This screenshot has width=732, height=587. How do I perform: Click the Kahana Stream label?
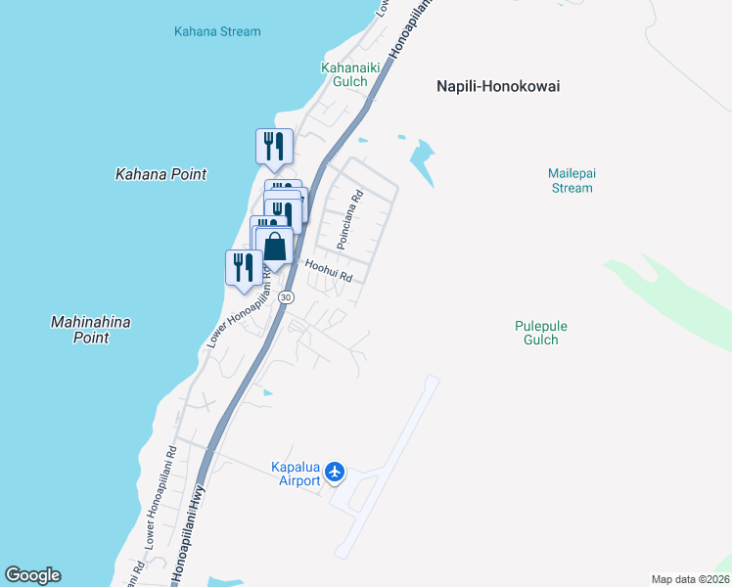[217, 31]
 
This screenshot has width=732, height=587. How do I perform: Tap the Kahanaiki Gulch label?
[344, 74]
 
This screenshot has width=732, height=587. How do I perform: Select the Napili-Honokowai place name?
[498, 86]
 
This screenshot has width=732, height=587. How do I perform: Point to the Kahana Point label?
[161, 174]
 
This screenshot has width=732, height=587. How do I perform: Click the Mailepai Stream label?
[572, 180]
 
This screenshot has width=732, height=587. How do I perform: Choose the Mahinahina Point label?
[89, 330]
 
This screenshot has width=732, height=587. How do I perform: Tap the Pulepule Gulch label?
[540, 333]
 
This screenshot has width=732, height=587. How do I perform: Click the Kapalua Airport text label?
[297, 474]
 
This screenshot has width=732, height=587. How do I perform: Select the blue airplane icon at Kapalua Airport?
[336, 473]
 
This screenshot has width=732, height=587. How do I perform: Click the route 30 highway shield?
[286, 296]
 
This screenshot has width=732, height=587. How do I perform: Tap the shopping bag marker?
[275, 247]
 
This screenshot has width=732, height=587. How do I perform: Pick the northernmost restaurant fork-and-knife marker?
[274, 147]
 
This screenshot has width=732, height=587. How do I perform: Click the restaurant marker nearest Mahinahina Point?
[244, 267]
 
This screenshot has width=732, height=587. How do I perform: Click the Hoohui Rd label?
[328, 270]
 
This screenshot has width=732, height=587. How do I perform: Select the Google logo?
[33, 575]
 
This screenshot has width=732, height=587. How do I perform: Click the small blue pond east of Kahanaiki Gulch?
[422, 155]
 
